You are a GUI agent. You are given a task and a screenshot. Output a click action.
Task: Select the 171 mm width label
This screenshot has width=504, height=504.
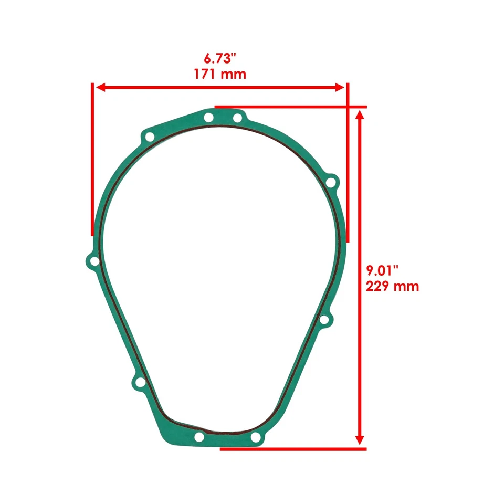pos(220,73)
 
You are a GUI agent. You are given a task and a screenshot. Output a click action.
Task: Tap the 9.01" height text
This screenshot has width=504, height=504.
pos(383,271)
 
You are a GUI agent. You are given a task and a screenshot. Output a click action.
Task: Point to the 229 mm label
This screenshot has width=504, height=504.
pos(392,287)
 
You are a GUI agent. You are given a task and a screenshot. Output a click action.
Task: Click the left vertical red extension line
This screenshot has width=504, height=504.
pos(92,157)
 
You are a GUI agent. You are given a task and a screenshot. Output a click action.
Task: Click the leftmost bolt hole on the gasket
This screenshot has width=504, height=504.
pos(93,261)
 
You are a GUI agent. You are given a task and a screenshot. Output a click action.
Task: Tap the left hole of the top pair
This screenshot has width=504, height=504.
pos(209,118)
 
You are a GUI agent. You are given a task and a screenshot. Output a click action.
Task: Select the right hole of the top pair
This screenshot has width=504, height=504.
pos(237,118)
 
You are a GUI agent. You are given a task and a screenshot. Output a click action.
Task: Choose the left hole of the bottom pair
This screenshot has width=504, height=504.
pos(199,437)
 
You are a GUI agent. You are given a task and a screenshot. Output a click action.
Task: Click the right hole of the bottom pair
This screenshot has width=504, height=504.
pos(255,437)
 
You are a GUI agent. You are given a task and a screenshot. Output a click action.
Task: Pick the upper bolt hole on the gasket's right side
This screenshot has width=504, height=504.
pos(331,183)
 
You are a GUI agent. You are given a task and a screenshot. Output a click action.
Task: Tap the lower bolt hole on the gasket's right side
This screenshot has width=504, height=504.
pos(324,319)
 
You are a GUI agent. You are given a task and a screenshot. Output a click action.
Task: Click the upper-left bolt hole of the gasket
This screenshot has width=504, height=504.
pos(150,138)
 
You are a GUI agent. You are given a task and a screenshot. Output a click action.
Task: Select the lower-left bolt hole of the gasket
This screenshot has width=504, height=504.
pos(139,384)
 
